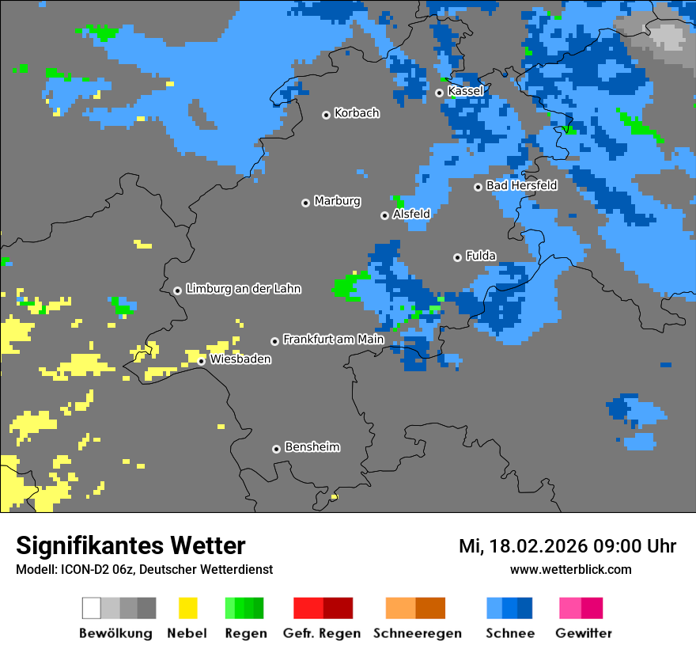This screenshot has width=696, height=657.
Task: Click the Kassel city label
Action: click(465, 91)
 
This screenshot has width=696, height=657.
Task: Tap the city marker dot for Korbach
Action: click(326, 115)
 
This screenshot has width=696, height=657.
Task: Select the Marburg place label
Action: click(337, 201)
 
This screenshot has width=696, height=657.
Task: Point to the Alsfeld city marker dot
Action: click(384, 215)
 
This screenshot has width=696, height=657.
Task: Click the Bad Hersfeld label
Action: click(521, 185)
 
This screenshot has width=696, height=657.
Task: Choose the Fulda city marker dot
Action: click(457, 257)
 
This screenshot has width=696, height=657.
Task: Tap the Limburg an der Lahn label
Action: click(243, 289)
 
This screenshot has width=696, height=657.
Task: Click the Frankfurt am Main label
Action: click(333, 339)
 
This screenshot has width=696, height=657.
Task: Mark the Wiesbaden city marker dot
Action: click(202, 361)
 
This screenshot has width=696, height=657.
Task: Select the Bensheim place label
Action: click(312, 447)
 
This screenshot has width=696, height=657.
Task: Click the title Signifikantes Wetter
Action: click(130, 545)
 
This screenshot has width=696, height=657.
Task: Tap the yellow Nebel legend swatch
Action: click(187, 608)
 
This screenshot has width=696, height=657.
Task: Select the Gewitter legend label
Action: click(583, 633)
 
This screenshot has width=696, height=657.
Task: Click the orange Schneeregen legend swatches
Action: click(415, 608)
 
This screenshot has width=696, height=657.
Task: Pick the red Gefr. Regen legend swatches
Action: click(323, 608)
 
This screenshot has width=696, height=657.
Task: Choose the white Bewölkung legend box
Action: click(91, 608)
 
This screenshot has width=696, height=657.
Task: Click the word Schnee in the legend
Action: click(509, 633)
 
